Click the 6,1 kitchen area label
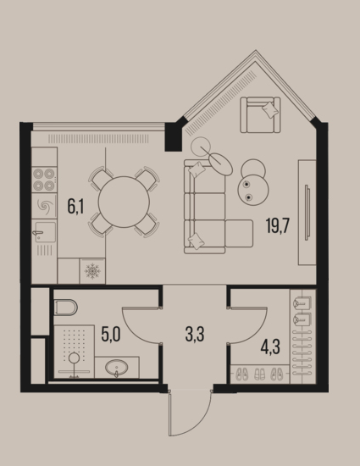(x=75, y=207)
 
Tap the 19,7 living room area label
(x=278, y=225)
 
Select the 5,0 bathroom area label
(x=111, y=334)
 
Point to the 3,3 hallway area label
(x=195, y=334)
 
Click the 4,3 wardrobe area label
(x=270, y=347)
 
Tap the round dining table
(x=124, y=202)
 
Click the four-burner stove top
(x=44, y=180)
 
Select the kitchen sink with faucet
(x=44, y=232)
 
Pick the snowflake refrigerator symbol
(x=92, y=271)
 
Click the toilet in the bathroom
(x=66, y=308)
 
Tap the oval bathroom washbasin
(x=117, y=368)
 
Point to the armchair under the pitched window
(x=260, y=114)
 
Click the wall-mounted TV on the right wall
(x=307, y=212)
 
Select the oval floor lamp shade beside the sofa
(x=220, y=164)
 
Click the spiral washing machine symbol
(x=44, y=205)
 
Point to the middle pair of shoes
(x=259, y=374)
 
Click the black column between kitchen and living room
(x=173, y=136)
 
